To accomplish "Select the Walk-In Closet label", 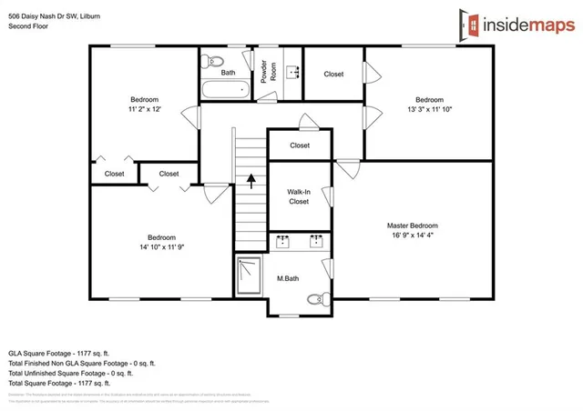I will tap(299, 197).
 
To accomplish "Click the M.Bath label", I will tap(289, 279).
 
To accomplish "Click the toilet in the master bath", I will tap(314, 298).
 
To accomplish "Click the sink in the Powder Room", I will tap(293, 73).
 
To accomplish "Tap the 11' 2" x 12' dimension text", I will tap(144, 109).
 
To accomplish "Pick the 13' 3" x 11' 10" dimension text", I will tap(429, 109).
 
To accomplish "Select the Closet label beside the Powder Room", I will tap(333, 74).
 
